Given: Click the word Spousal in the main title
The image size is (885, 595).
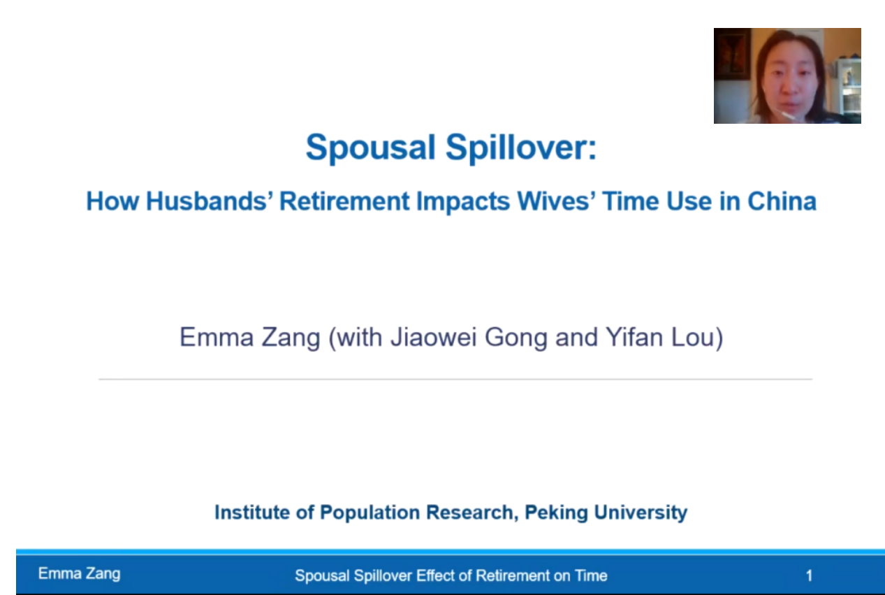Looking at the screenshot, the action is pos(371,148).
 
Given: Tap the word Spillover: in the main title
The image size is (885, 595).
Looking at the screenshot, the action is pos(521,148).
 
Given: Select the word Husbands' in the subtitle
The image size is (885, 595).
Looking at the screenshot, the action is pos(210,201).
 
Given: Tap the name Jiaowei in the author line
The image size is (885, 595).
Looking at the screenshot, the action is pos(434,337).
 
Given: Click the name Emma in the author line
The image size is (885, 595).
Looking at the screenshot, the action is pos(217,337).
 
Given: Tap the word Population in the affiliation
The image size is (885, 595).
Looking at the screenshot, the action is pos(370,513).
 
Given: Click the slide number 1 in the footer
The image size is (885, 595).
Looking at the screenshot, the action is pos(809,575).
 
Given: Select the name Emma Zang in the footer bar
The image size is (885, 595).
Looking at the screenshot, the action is pos(79,574).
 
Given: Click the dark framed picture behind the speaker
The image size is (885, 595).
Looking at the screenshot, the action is pos(732,55).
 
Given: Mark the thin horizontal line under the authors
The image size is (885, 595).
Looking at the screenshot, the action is pos(455,379).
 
